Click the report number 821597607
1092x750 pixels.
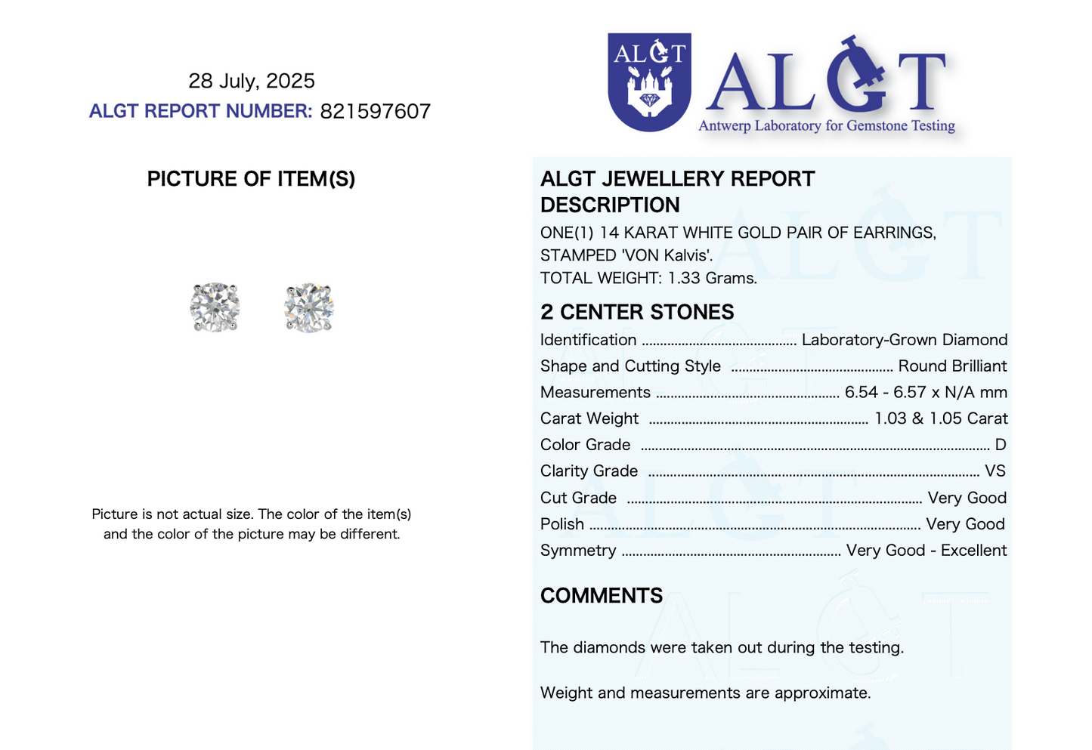(375, 112)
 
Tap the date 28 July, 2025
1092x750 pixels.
(252, 81)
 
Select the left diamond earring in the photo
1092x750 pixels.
(215, 307)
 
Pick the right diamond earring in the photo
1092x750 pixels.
(309, 307)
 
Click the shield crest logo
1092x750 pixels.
(649, 82)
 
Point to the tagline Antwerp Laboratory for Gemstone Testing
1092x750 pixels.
(826, 126)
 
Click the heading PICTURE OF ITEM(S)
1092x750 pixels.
(251, 179)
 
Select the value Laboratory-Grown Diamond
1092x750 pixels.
(904, 340)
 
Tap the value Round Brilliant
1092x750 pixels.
(952, 366)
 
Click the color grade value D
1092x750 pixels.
(1000, 445)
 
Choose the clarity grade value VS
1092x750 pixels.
(995, 471)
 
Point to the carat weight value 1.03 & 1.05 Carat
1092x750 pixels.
(941, 418)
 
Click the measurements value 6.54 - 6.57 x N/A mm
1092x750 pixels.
(926, 393)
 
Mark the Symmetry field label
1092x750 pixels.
(578, 551)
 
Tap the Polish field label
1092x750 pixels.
(562, 524)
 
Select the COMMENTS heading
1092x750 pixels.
(602, 596)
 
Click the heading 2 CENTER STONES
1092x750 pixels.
(637, 312)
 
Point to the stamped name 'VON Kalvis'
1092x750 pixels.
(666, 255)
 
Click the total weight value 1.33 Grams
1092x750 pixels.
(712, 278)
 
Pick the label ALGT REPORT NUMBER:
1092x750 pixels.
(200, 112)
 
